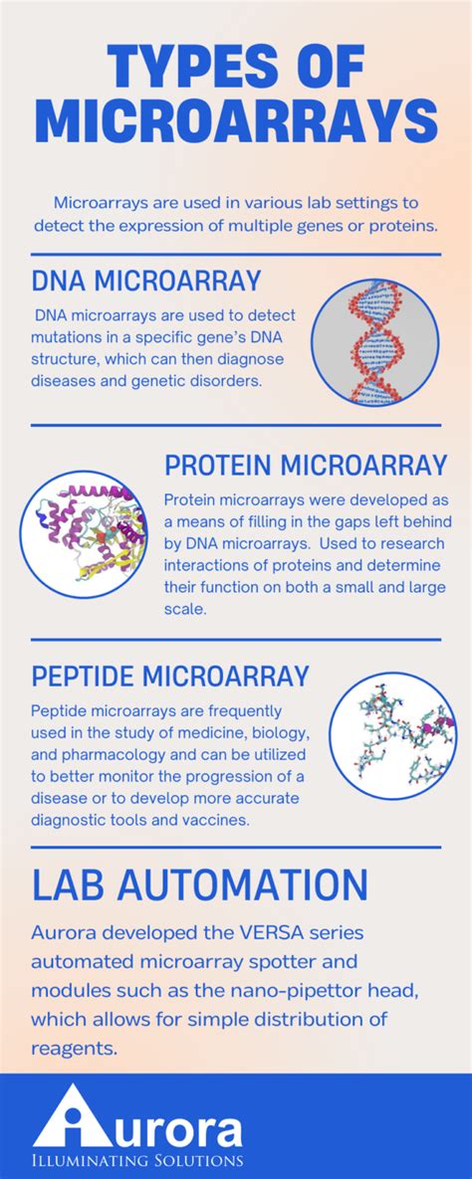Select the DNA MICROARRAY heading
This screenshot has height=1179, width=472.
[x=146, y=281]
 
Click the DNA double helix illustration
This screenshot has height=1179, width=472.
[x=375, y=341]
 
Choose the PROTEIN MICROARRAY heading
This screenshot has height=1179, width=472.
[x=306, y=465]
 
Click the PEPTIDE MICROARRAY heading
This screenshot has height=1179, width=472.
[x=170, y=677]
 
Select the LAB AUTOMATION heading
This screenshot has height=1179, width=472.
[x=199, y=884]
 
